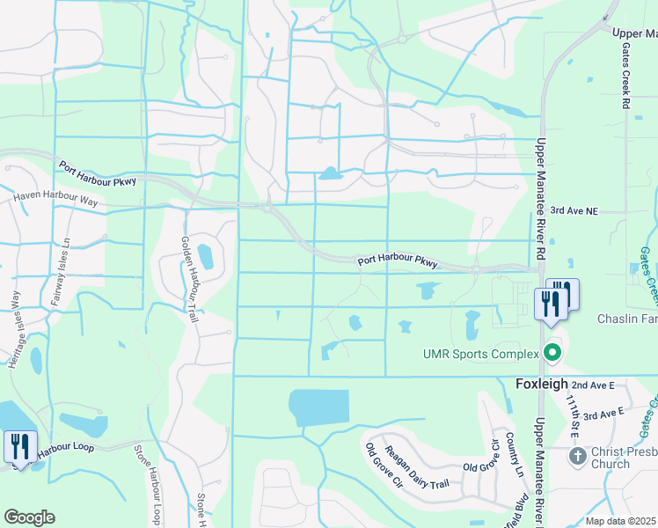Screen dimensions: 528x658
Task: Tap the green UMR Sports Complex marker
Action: click(x=552, y=353)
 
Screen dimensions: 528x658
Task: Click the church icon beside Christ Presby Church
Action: click(x=577, y=456)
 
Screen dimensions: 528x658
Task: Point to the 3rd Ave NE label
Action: click(x=574, y=211)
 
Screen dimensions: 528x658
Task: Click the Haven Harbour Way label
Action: click(x=55, y=200)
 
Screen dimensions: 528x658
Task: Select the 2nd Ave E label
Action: click(x=592, y=385)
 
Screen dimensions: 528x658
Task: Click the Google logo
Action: click(x=29, y=517)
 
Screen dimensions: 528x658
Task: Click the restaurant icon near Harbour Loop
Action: click(x=19, y=447)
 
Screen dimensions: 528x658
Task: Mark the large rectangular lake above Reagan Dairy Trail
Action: click(x=319, y=408)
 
